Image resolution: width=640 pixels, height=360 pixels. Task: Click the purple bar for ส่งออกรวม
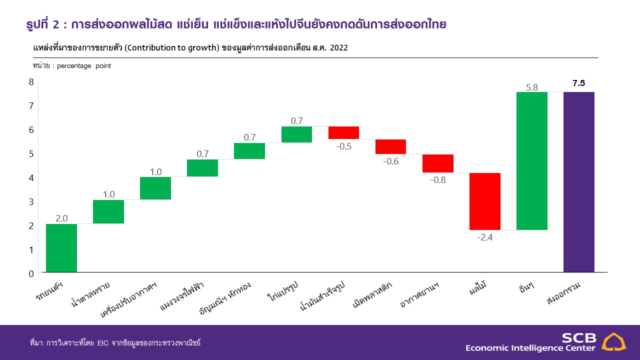tap(578, 182)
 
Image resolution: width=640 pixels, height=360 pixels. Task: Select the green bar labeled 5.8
tap(531, 161)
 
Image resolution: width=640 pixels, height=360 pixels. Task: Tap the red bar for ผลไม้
tap(484, 201)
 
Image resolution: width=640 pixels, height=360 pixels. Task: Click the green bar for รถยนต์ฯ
tap(61, 248)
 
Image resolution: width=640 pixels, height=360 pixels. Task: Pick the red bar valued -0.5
tap(343, 132)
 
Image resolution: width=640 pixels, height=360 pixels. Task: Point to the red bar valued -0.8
tap(437, 163)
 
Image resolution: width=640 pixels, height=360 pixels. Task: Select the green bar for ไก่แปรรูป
tap(296, 134)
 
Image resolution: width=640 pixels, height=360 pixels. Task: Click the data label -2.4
tap(484, 237)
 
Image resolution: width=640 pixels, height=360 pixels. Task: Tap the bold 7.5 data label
tap(578, 83)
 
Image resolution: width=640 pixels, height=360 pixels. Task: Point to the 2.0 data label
tap(61, 218)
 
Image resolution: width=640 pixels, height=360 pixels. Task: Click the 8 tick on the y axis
tap(31, 82)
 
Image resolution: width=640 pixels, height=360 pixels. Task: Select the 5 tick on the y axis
tap(31, 154)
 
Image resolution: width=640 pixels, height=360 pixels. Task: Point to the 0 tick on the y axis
tap(31, 273)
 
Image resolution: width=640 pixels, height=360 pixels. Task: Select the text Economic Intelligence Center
tap(530, 348)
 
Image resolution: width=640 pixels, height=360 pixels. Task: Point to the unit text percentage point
tap(84, 66)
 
